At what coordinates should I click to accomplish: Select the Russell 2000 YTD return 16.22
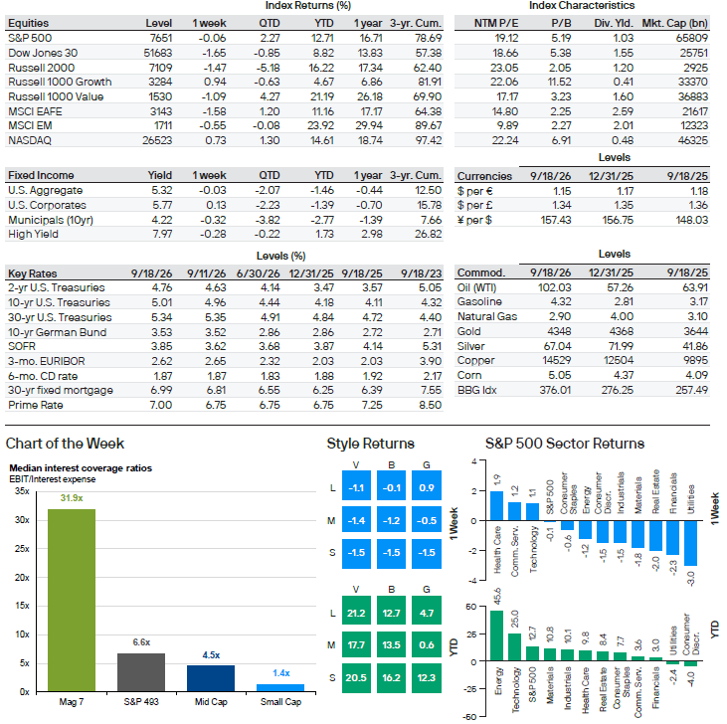pyautogui.click(x=321, y=68)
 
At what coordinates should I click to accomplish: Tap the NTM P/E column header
pyautogui.click(x=495, y=23)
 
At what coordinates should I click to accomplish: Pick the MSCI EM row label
pyautogui.click(x=30, y=125)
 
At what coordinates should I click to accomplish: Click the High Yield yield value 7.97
pyautogui.click(x=162, y=234)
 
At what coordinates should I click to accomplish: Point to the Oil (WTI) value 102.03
pyautogui.click(x=554, y=287)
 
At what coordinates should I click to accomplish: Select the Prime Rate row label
pyautogui.click(x=35, y=405)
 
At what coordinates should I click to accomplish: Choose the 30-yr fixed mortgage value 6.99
pyautogui.click(x=161, y=390)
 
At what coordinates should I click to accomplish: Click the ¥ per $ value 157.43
pyautogui.click(x=556, y=220)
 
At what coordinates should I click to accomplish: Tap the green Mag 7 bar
pyautogui.click(x=72, y=601)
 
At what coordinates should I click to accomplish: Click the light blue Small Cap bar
pyautogui.click(x=280, y=688)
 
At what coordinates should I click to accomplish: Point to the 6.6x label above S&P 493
pyautogui.click(x=141, y=642)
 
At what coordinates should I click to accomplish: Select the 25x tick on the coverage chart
pyautogui.click(x=22, y=548)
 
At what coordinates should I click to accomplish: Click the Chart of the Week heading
pyautogui.click(x=65, y=444)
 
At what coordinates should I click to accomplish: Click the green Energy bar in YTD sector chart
pyautogui.click(x=496, y=635)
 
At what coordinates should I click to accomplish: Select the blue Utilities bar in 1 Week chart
pyautogui.click(x=690, y=543)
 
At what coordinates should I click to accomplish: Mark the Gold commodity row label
pyautogui.click(x=468, y=331)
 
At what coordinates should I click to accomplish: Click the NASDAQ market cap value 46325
pyautogui.click(x=693, y=140)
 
